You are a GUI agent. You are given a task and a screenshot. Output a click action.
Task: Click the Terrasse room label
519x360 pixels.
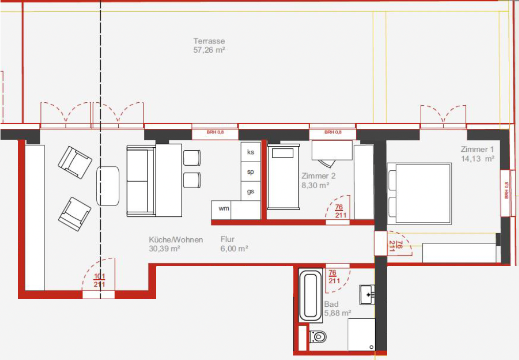coord(209,41)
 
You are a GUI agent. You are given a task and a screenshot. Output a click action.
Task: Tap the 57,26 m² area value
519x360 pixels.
coord(209,50)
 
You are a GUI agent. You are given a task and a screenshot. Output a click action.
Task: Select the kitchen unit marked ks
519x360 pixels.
coord(251,152)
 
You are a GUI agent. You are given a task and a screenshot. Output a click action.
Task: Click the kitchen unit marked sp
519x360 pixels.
coord(251,172)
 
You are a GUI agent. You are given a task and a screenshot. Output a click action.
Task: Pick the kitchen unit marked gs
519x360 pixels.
coord(251,191)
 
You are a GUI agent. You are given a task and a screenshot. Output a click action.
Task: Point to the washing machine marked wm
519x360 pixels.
coord(224,209)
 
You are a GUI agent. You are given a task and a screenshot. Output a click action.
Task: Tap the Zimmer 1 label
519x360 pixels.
coord(477,149)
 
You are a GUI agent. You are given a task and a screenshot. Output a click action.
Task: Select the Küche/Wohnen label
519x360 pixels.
coord(176,239)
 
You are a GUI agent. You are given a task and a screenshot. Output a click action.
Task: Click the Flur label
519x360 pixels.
coord(228,239)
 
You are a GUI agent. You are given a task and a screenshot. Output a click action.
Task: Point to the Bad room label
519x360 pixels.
coord(331,304)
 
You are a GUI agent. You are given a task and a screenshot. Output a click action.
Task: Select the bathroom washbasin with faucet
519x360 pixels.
coord(367,295)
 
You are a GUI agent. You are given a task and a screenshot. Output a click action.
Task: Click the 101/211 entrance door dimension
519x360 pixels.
coord(99,280)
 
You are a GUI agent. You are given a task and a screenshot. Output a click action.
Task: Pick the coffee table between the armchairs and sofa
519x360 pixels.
coord(107,186)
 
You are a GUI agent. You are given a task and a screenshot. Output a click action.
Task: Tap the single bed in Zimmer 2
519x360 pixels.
coord(284,176)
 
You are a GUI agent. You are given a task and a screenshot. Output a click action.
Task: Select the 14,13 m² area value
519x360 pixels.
coord(477,159)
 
